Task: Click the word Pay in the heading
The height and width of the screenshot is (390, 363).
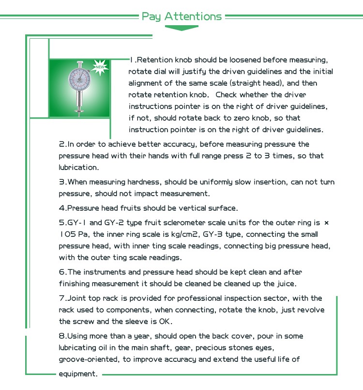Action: tap(151, 16)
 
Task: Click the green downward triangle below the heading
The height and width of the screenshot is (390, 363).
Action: tap(181, 28)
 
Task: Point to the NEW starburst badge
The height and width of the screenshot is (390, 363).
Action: tap(101, 66)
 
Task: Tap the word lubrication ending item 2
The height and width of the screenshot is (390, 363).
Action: tap(78, 168)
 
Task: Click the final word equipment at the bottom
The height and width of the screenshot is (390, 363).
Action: tap(78, 374)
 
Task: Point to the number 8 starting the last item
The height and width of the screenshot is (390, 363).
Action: tap(61, 336)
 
